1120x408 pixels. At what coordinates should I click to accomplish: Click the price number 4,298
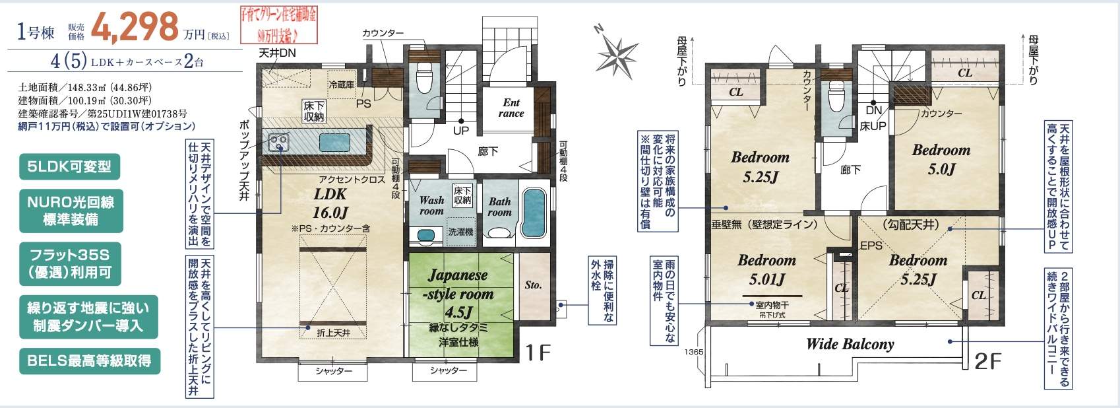(x=135, y=26)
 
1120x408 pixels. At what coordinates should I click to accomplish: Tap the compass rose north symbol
(x=617, y=53)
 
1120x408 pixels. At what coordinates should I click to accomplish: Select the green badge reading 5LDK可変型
(x=69, y=166)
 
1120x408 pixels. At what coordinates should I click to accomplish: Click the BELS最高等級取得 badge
(x=89, y=360)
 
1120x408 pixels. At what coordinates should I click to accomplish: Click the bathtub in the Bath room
(x=534, y=213)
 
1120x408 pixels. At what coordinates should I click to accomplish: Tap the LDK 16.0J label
(x=330, y=203)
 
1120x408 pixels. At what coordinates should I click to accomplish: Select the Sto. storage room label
(x=533, y=285)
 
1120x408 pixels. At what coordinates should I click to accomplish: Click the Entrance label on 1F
(x=511, y=108)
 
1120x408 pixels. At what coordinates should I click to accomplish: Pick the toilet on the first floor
(x=424, y=81)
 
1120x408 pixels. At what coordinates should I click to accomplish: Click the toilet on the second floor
(x=837, y=98)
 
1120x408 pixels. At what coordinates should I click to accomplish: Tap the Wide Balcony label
(x=850, y=344)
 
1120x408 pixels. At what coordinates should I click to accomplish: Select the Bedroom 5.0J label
(x=941, y=158)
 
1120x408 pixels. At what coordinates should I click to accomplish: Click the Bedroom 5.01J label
(x=766, y=269)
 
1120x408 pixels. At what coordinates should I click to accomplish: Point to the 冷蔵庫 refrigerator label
(x=341, y=85)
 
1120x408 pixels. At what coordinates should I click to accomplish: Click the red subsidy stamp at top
(x=277, y=24)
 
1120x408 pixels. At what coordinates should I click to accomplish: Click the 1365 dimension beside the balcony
(x=694, y=352)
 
